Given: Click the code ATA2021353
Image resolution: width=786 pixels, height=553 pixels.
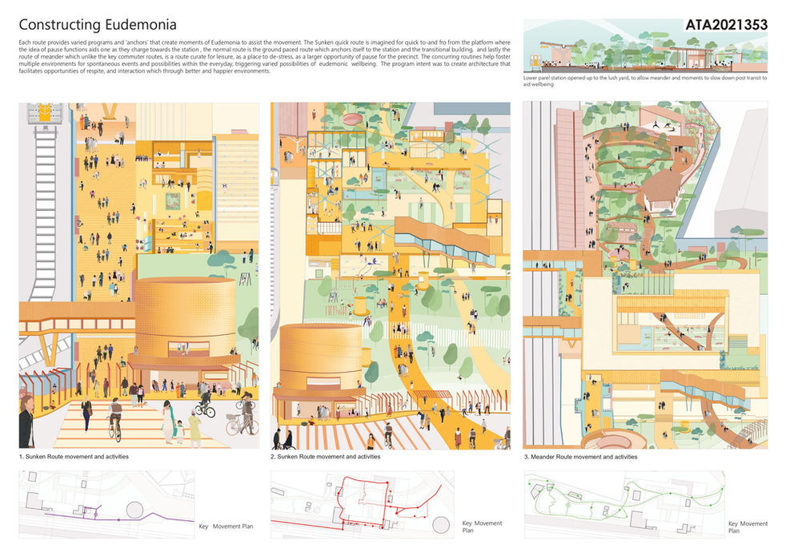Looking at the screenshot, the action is click(x=726, y=25).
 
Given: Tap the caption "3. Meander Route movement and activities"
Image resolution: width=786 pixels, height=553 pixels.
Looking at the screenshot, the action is click(x=580, y=457).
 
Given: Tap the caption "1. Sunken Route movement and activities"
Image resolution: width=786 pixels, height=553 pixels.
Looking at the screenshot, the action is click(x=74, y=457).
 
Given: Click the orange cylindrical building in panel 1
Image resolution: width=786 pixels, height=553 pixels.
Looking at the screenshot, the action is click(x=185, y=317).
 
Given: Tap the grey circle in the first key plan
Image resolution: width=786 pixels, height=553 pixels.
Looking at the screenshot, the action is click(x=134, y=511).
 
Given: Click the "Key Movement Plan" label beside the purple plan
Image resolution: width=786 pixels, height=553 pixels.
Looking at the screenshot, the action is click(x=226, y=527).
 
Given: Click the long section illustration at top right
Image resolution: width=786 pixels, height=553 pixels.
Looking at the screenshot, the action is click(x=644, y=50).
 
